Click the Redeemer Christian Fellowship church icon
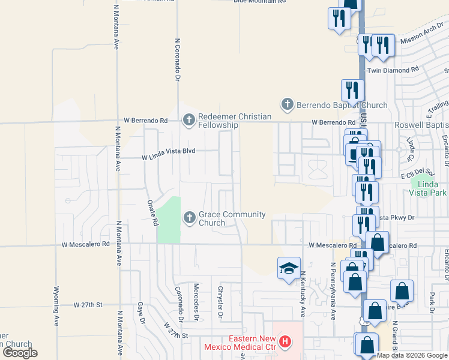click(x=189, y=120)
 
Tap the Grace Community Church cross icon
click(x=190, y=217)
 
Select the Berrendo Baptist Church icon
click(x=288, y=104)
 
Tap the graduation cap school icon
click(x=289, y=268)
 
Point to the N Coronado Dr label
click(x=178, y=60)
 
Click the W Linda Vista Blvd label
click(x=169, y=158)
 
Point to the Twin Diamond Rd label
click(x=393, y=70)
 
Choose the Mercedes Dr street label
click(x=196, y=300)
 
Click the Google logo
click(x=20, y=353)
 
